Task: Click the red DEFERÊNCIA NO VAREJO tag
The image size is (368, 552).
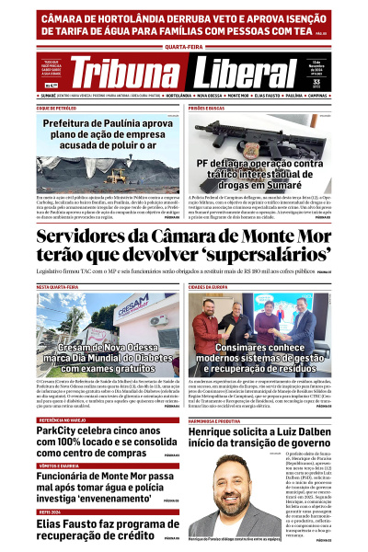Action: pyautogui.click(x=65, y=393)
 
